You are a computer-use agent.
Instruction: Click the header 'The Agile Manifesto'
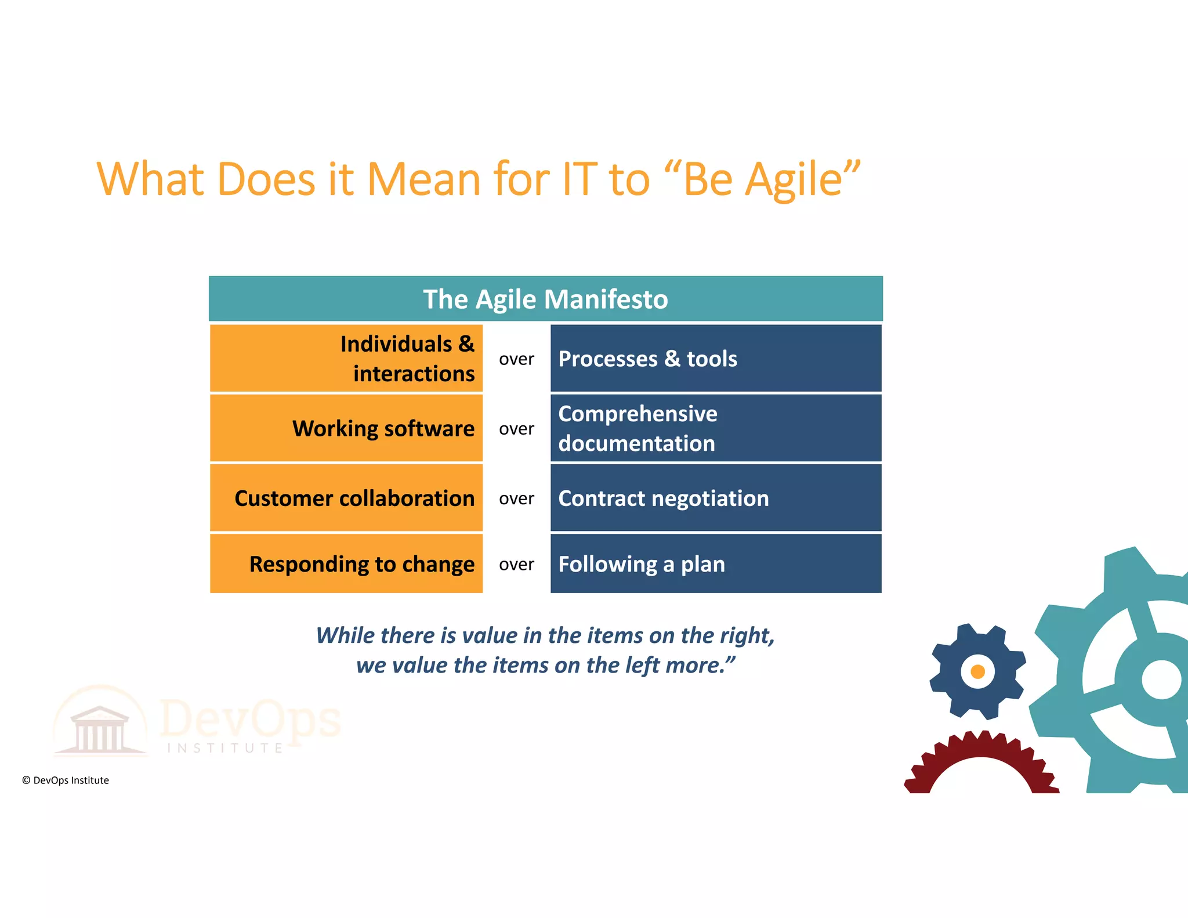point(545,299)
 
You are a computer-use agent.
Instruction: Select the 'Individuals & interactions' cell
point(346,359)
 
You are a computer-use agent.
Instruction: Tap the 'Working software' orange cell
point(346,428)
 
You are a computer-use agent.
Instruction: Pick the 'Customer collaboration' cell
point(346,498)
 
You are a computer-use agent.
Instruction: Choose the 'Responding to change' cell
point(346,564)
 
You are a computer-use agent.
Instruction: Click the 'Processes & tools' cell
point(716,359)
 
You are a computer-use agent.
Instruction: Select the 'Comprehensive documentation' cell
point(716,428)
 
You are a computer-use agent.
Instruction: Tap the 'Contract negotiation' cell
point(716,498)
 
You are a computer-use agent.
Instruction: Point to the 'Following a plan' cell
point(716,564)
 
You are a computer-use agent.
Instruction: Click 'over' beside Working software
point(516,429)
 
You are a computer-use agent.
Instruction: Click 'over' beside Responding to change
point(516,565)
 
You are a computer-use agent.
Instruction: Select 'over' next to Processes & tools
point(516,360)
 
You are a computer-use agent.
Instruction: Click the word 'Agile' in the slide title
point(794,180)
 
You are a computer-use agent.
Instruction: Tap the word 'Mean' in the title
point(423,180)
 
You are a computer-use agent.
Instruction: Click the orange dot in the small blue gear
point(977,671)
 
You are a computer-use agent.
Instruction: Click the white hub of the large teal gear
point(1161,680)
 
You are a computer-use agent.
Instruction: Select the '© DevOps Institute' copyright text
point(66,780)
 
